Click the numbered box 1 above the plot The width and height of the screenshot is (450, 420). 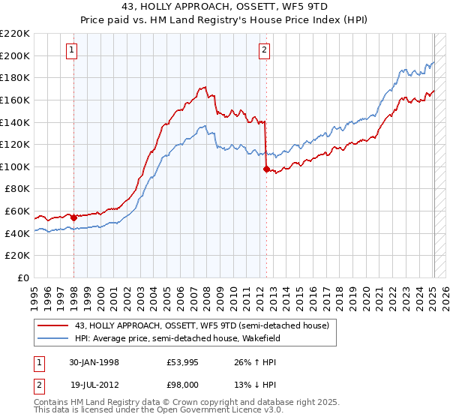tap(71, 51)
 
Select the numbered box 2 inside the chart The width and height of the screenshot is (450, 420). tap(265, 51)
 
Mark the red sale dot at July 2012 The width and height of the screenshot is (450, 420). tap(267, 169)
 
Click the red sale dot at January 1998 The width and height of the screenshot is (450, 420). tap(74, 217)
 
